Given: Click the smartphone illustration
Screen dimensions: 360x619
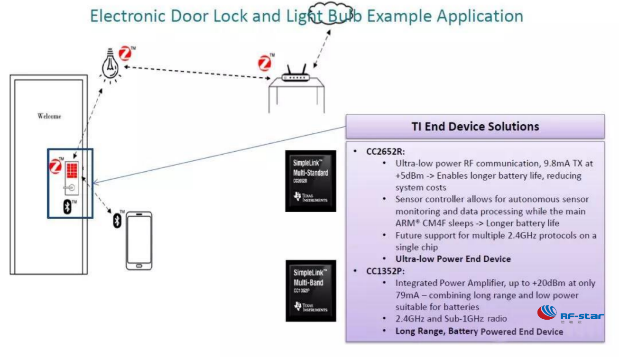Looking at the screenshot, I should [x=139, y=240].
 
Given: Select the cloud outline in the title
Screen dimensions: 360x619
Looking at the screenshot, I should [x=328, y=13].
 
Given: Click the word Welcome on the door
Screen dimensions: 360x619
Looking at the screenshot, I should [x=49, y=116].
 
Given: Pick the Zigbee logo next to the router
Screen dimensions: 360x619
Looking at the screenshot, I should [x=265, y=62].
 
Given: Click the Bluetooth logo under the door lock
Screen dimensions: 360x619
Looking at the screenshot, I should [x=67, y=206].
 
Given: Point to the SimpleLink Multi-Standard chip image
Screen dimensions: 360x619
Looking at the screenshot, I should [x=311, y=181].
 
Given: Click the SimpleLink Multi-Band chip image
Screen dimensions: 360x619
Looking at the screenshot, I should [x=311, y=290].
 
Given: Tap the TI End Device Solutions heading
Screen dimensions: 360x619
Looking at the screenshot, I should [x=475, y=127].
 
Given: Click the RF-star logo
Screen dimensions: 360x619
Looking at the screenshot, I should [x=570, y=314].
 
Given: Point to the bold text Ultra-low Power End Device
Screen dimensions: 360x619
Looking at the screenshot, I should [x=453, y=259].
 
